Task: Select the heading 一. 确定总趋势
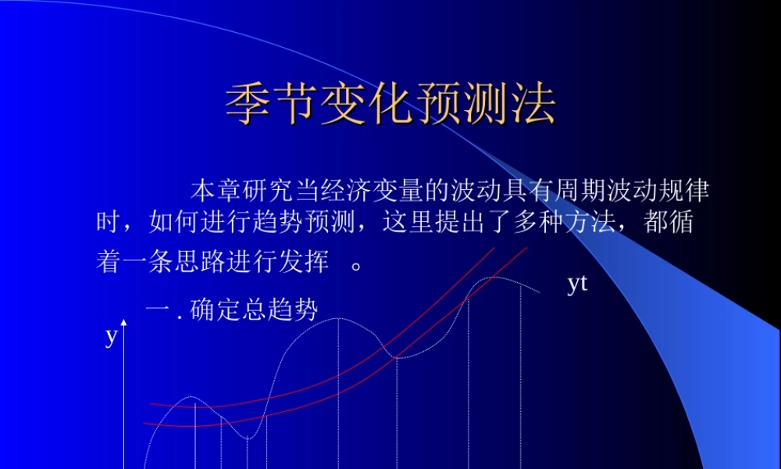[x=232, y=310]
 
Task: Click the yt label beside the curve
[x=576, y=284]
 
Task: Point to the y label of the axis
[x=111, y=337]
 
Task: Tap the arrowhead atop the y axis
[x=123, y=323]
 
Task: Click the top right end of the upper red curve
[x=494, y=249]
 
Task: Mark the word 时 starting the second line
[x=108, y=224]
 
